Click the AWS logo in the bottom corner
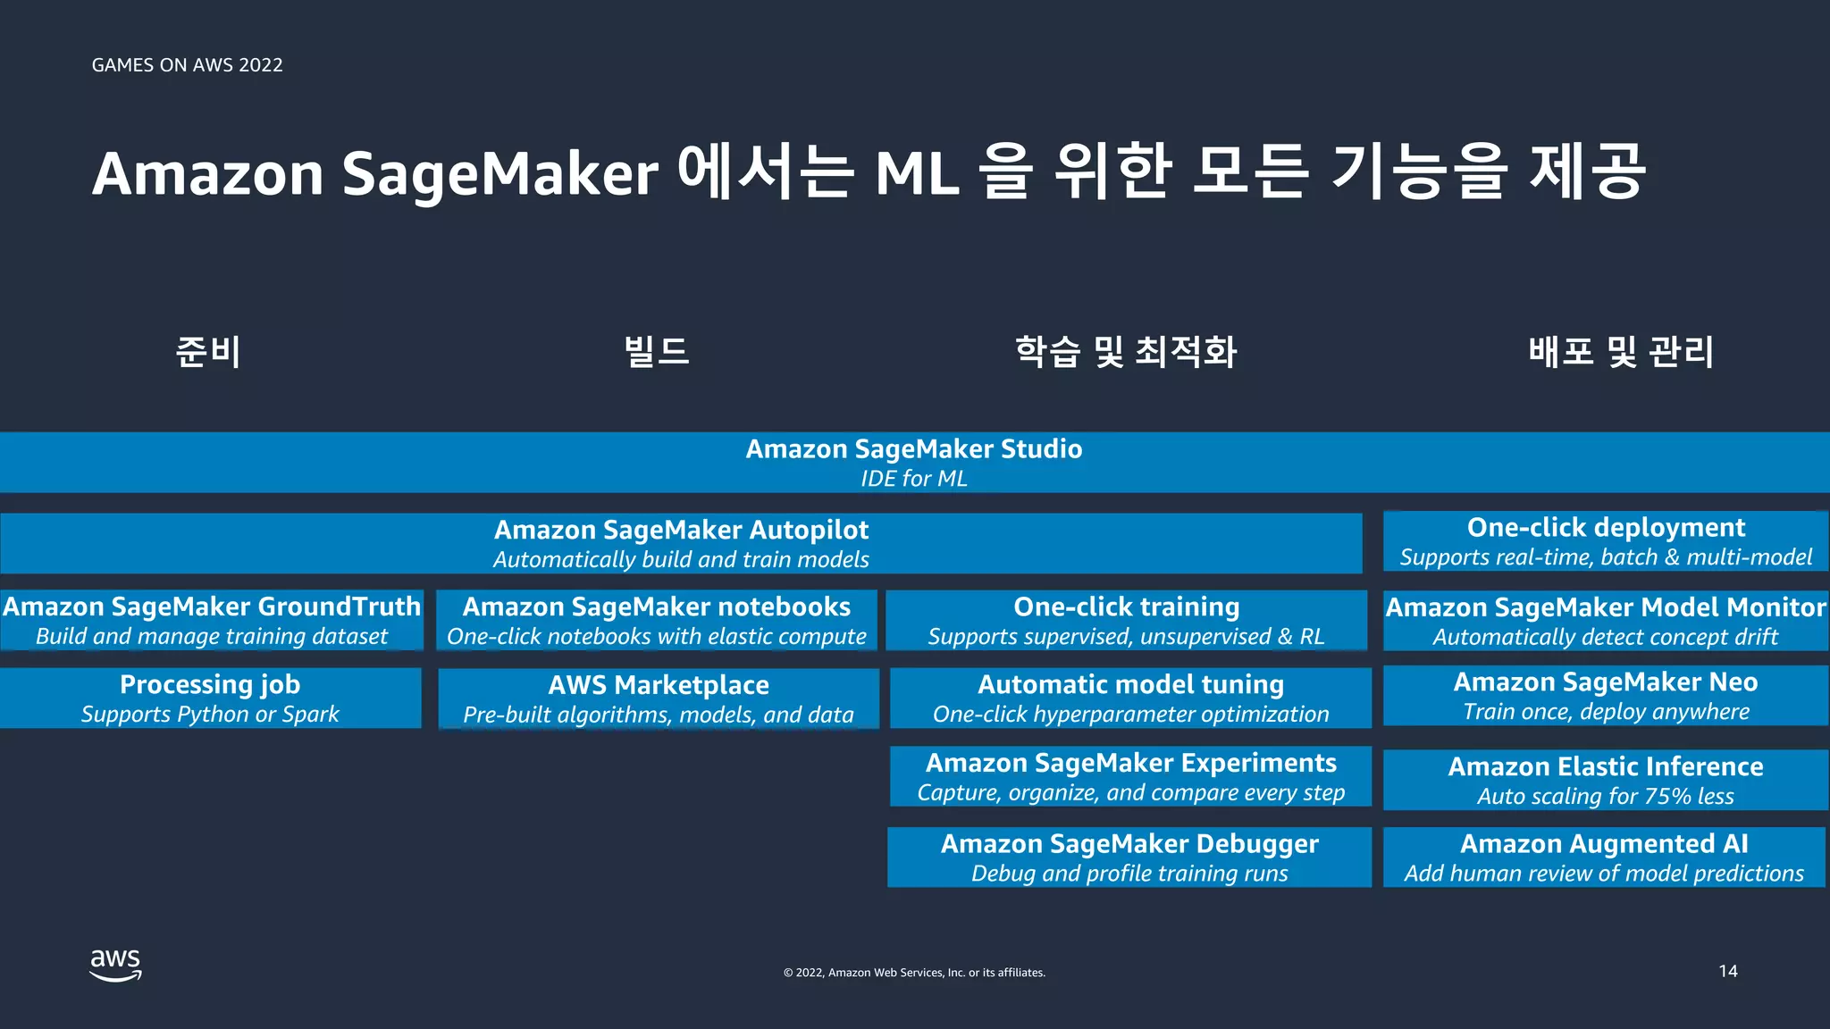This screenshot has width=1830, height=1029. tap(115, 966)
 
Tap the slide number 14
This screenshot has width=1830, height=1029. tap(1727, 971)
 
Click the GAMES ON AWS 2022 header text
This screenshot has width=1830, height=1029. tap(187, 65)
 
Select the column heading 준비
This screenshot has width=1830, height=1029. tap(207, 351)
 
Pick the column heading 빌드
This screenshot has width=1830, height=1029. tap(657, 351)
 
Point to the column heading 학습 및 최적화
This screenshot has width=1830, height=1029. tap(1126, 351)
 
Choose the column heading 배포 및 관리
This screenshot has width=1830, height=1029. tap(1620, 351)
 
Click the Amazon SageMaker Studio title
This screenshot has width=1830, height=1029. tap(913, 449)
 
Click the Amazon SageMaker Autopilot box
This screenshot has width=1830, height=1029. tap(681, 543)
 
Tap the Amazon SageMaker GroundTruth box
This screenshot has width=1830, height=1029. tap(212, 620)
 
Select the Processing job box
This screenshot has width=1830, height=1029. tap(210, 698)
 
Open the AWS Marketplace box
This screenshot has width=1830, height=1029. tap(659, 699)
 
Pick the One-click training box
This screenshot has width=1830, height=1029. tap(1126, 620)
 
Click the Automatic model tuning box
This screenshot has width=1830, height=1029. tap(1130, 698)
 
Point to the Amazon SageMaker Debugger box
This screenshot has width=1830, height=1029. tap(1129, 857)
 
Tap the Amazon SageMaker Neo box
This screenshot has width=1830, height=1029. tap(1605, 696)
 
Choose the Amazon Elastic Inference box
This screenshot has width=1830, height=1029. tap(1605, 780)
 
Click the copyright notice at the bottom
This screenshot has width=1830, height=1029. tap(914, 973)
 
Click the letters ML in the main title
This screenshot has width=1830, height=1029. tap(917, 173)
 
